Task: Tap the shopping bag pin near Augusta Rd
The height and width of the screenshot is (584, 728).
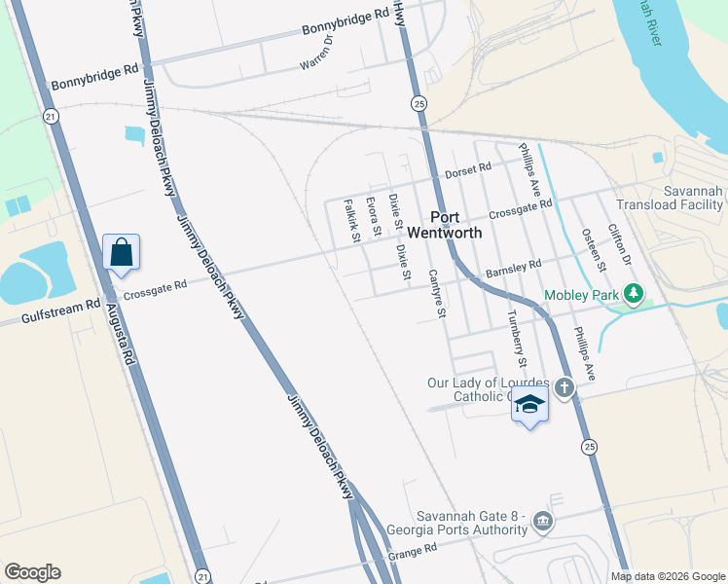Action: [121, 254]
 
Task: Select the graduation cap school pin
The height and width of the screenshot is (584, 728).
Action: [529, 405]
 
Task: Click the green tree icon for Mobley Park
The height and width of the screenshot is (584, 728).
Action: [635, 293]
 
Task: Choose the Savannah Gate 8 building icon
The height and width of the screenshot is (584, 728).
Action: [542, 523]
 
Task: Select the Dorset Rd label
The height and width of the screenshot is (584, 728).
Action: [468, 170]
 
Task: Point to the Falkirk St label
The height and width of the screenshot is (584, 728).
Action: [352, 221]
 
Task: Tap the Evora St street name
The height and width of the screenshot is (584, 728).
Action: [373, 215]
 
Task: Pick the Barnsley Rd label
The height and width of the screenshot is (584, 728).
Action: [513, 268]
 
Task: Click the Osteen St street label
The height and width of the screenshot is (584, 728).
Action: [594, 252]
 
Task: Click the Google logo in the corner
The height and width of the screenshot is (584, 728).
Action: [32, 572]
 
